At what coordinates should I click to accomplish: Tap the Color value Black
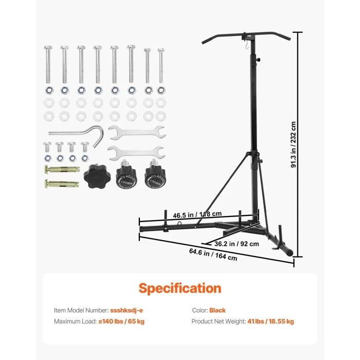click(x=218, y=311)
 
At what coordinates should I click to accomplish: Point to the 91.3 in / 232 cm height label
click(x=294, y=145)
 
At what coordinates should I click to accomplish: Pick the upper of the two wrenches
click(x=136, y=132)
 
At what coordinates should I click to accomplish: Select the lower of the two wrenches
click(x=136, y=152)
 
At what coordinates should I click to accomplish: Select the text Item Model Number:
click(x=81, y=311)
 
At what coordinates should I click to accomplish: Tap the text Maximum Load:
click(x=75, y=321)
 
